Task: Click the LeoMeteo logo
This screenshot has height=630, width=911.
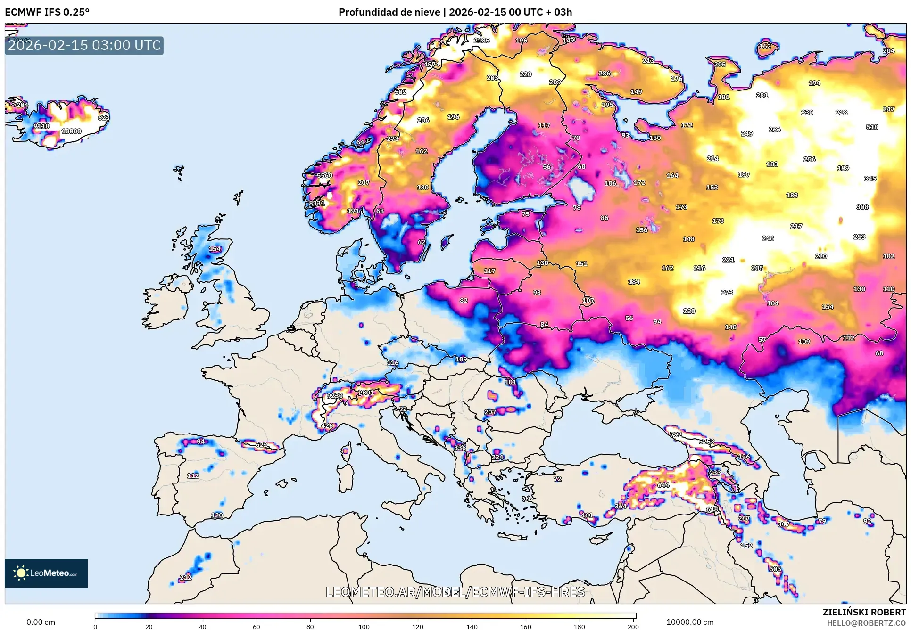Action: click(46, 573)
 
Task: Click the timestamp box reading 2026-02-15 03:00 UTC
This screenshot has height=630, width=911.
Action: click(84, 45)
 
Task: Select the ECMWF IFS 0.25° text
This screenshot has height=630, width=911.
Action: click(47, 12)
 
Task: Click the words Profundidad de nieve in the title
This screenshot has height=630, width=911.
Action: click(389, 12)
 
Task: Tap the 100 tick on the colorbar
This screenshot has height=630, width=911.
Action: click(364, 626)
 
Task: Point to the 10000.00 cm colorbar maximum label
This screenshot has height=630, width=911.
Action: click(689, 622)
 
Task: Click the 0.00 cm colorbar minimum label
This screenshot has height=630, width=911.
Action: click(41, 622)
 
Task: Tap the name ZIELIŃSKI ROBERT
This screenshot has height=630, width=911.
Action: click(864, 612)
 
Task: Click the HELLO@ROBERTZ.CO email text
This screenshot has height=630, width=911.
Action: click(866, 623)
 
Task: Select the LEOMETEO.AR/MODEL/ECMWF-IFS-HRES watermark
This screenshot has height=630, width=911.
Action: click(455, 592)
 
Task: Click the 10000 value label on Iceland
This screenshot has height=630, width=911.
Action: click(71, 131)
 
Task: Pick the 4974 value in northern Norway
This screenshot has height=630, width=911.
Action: click(431, 65)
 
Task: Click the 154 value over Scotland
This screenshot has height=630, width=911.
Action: click(215, 249)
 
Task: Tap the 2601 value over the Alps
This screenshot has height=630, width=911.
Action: click(366, 392)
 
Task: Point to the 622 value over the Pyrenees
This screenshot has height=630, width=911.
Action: click(261, 444)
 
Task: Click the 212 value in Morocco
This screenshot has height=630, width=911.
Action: click(185, 577)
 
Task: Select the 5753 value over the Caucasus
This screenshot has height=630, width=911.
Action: click(706, 442)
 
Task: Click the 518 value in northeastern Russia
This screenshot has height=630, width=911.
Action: click(872, 127)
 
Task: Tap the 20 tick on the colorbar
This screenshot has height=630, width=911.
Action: click(149, 626)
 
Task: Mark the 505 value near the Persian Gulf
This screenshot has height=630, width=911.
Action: click(775, 569)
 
